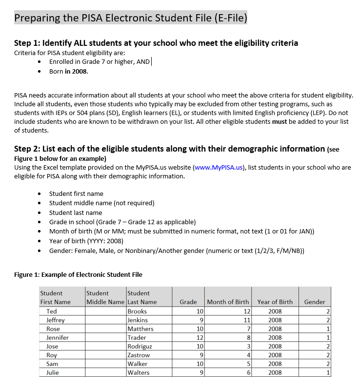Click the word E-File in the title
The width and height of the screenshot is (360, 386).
tap(230, 19)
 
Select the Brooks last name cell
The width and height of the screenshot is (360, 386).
tap(137, 311)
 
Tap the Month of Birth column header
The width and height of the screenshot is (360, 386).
tap(228, 302)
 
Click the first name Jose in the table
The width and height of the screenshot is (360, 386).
tap(52, 346)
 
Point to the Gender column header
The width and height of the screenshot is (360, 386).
tap(314, 302)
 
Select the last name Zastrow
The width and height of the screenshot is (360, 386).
tap(139, 355)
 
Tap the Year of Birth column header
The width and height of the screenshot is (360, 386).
tap(275, 302)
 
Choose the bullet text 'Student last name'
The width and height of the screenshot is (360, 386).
tap(76, 212)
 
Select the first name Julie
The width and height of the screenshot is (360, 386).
tap(53, 372)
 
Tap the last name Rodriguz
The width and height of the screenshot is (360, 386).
tap(140, 346)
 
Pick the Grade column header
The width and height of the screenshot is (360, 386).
tap(188, 302)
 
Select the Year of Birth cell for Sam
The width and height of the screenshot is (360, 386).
tap(275, 364)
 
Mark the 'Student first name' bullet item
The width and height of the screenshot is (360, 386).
tap(76, 193)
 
